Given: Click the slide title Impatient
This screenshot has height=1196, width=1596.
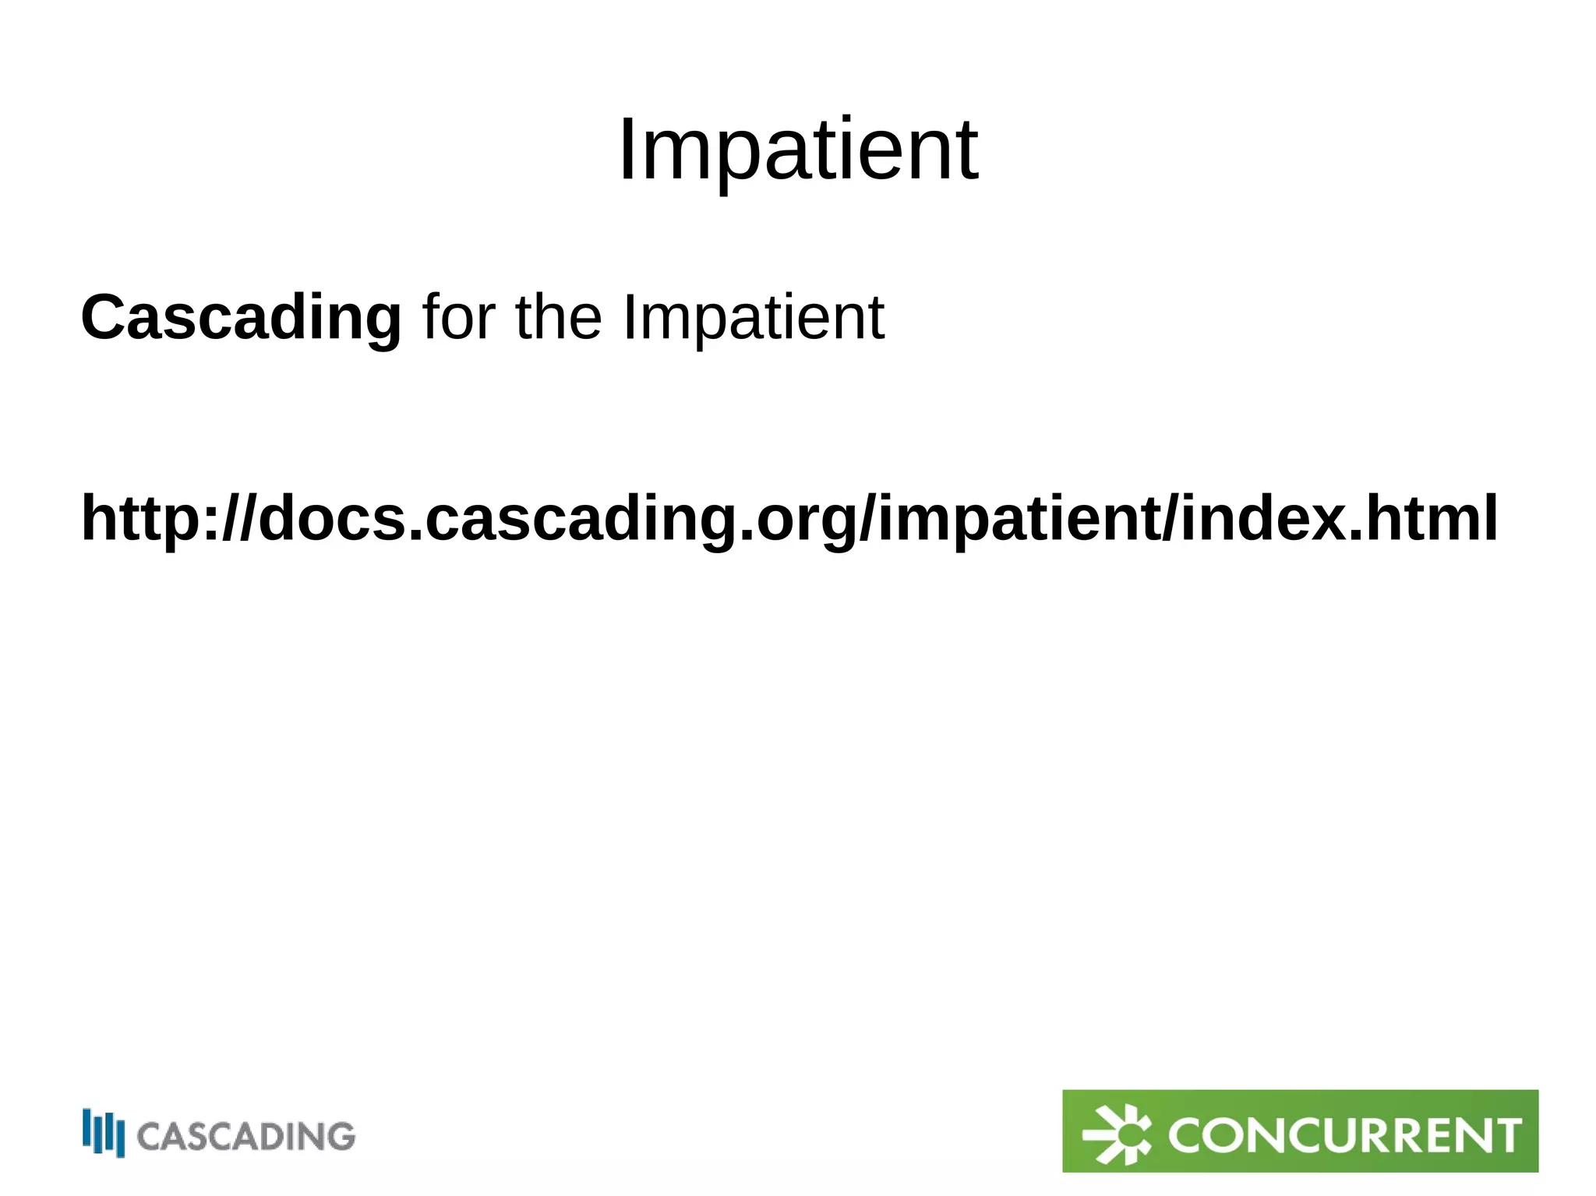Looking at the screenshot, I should click(x=797, y=150).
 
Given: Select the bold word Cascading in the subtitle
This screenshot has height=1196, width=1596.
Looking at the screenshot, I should click(x=241, y=318).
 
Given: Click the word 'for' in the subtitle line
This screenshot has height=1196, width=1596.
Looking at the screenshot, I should click(x=457, y=318).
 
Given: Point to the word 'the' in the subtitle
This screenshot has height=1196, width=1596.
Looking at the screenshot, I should click(x=558, y=318).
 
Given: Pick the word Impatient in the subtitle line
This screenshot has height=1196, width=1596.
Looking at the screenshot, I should click(x=753, y=318).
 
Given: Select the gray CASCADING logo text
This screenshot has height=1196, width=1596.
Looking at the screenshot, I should click(x=246, y=1137).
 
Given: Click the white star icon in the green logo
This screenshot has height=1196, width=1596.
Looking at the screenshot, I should click(x=1117, y=1134).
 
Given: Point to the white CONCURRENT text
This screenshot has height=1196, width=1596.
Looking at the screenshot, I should click(x=1344, y=1135).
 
